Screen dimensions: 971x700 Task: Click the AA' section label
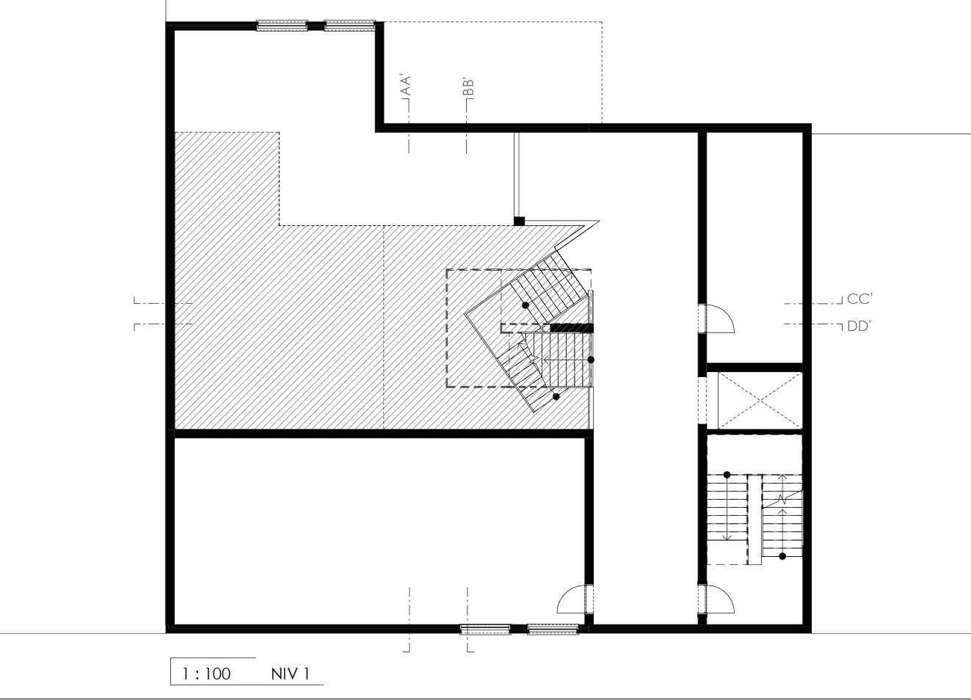[406, 85]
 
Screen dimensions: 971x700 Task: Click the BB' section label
[468, 87]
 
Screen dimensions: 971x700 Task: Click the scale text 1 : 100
[206, 674]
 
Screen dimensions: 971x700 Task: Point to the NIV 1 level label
[291, 674]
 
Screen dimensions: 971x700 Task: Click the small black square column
[519, 221]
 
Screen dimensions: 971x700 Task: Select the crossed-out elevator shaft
[760, 401]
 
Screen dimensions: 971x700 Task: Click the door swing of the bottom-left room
[571, 599]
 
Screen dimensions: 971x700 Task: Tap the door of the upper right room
[720, 318]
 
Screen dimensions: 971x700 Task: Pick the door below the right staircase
[720, 599]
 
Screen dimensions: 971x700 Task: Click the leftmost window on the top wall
[282, 26]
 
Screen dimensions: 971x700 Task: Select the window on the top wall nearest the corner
[349, 26]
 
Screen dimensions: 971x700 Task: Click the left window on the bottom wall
[486, 630]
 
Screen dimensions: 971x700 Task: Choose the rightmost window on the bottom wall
[553, 630]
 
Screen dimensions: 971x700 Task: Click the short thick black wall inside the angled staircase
[572, 328]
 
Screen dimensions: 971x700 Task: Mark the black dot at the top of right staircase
[727, 475]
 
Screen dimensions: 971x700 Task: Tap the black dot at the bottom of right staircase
[782, 556]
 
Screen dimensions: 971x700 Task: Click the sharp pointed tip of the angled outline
[599, 222]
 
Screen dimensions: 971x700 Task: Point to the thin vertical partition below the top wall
[516, 174]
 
